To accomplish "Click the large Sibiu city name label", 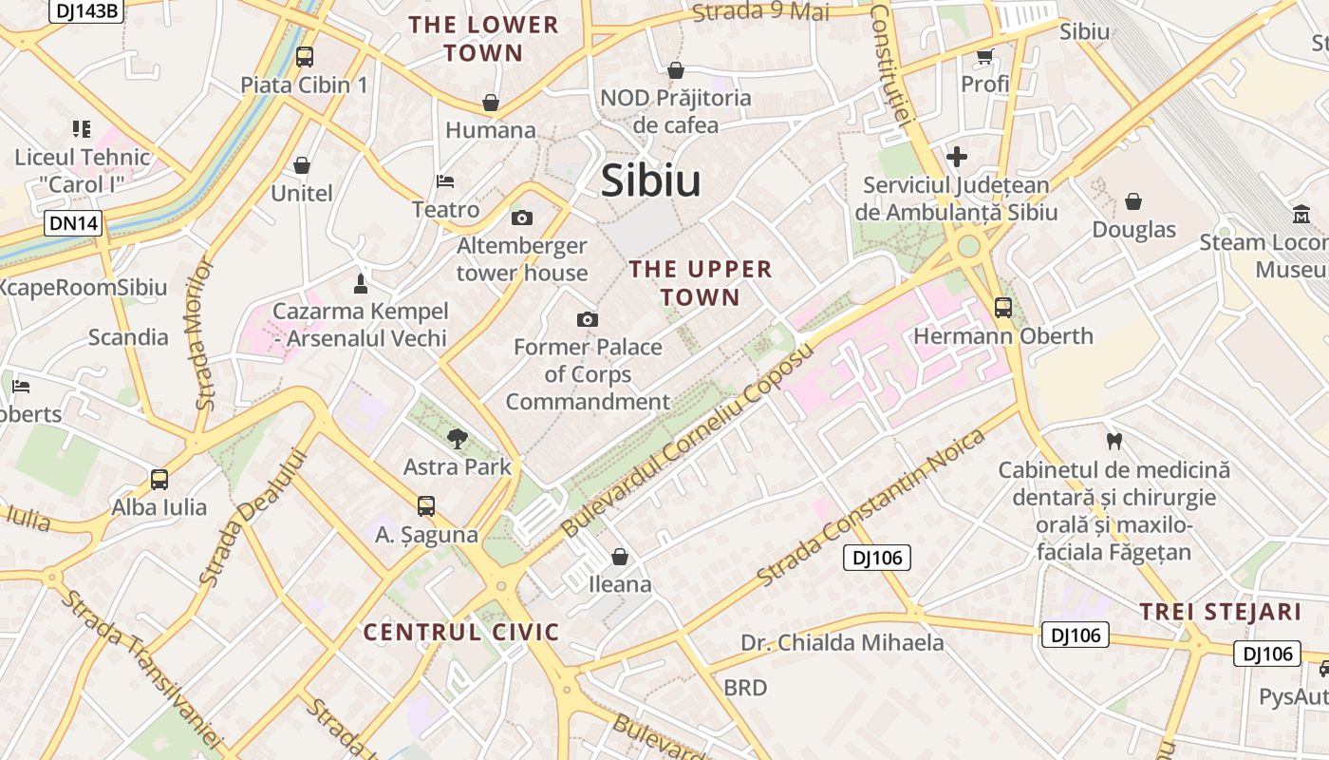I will pos(651,180).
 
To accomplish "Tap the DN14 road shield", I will pos(73,224).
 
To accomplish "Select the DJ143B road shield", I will pos(86,10).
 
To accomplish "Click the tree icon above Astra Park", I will pos(458,438).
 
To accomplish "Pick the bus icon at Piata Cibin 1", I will pos(304,56).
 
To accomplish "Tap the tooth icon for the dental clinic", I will pos(1114,441).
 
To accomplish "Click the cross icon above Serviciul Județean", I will pos(957,157).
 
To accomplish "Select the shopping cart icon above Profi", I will pos(985,56).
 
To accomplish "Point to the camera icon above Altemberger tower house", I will pos(522,218).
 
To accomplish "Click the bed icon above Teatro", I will pos(445,180).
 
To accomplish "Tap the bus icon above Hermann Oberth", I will pos(1002,308).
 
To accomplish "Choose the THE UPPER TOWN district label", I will pos(701,283).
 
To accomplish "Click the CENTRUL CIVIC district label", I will pos(461,633).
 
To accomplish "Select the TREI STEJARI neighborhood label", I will pos(1221,612).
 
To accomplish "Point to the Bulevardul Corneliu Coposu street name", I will pos(688,441).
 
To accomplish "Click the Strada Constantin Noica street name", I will pos(872,508).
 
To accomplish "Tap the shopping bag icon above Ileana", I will pos(620,556).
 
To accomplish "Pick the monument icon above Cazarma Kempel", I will pos(360,283).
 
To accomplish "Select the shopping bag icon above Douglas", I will pos(1133,201).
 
